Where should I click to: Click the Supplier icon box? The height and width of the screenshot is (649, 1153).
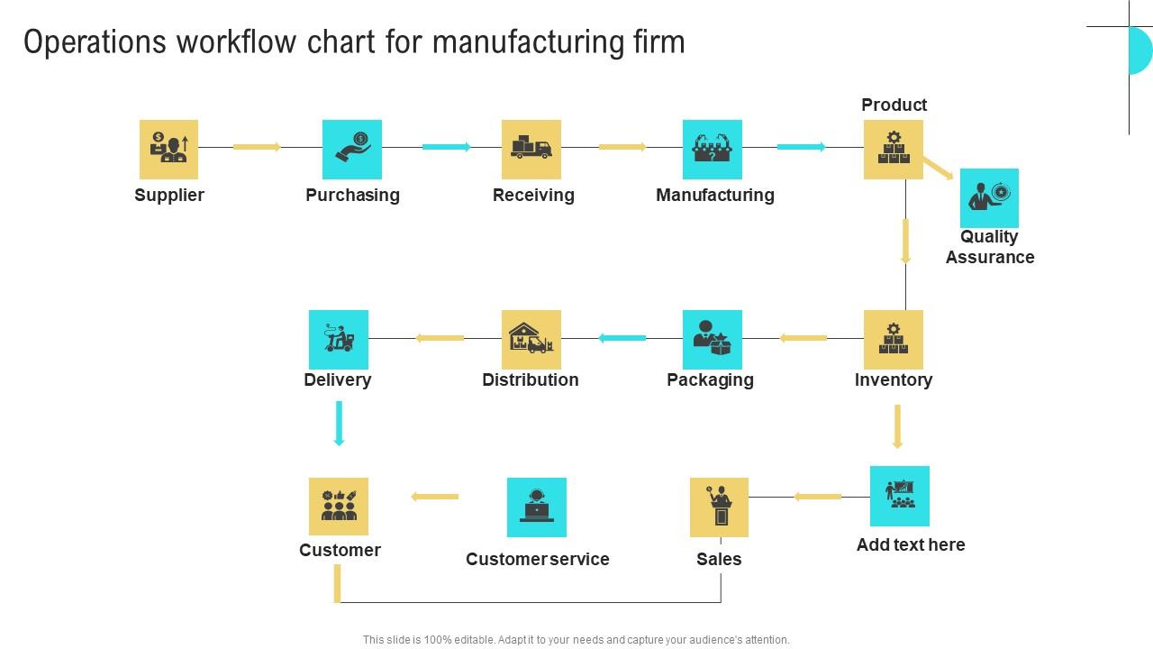[x=168, y=150]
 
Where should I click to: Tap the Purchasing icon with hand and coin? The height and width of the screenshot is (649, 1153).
[x=352, y=150]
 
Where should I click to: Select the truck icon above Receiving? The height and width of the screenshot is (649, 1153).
[x=531, y=150]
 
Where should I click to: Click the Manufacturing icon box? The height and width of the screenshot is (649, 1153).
[x=713, y=150]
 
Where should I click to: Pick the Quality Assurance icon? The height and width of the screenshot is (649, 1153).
[x=989, y=198]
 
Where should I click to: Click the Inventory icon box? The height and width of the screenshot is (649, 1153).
[x=894, y=340]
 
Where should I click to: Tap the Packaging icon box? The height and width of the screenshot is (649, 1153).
[x=713, y=340]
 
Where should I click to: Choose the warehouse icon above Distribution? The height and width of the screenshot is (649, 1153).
[x=531, y=340]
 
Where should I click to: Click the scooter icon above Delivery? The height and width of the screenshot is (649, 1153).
[x=339, y=340]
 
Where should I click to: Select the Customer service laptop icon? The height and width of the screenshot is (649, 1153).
[x=537, y=507]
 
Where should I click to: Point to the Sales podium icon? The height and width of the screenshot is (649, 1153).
[x=719, y=507]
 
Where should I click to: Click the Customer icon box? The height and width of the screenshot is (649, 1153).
[x=339, y=507]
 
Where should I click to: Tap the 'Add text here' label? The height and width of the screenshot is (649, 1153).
[x=911, y=544]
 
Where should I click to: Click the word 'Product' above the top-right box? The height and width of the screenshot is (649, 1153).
[x=894, y=105]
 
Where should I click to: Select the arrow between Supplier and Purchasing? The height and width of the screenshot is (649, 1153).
[x=258, y=147]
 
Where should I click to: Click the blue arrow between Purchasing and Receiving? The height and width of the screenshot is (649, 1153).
[x=447, y=147]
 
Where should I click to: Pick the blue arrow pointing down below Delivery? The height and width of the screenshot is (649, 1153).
[x=340, y=424]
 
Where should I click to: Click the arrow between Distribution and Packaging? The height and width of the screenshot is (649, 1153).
[x=622, y=338]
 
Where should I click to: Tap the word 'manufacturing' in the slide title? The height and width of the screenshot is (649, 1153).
[x=522, y=42]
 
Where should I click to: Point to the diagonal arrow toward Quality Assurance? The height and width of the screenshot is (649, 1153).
[x=938, y=169]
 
